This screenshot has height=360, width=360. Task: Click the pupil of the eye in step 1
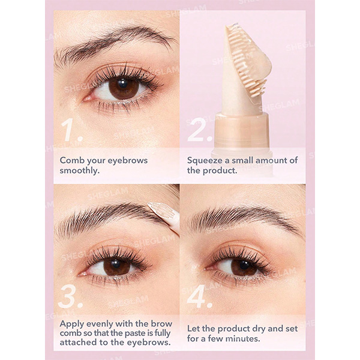point(122,83)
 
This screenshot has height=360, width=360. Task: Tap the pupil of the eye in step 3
point(116,264)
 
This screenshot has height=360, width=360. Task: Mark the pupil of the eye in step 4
point(244,265)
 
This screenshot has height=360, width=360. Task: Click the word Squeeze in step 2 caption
point(205,160)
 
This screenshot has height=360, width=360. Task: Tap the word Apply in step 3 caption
point(71,324)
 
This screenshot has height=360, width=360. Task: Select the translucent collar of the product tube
point(242,131)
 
